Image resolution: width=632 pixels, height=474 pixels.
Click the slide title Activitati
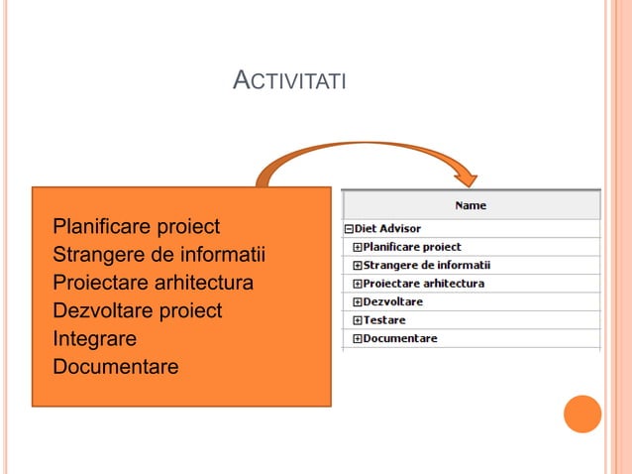pos(288,80)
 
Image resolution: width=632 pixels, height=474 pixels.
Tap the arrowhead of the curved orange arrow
pos(467,176)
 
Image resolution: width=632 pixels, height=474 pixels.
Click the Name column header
pos(471,205)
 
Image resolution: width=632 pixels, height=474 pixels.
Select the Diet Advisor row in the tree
pos(387,229)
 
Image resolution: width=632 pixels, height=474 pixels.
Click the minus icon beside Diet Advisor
pos(349,229)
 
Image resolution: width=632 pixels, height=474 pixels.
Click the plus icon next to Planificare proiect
pos(358,247)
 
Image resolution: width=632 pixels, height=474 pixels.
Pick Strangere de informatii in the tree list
pos(426,265)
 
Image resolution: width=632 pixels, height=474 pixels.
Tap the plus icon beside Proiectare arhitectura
pos(358,284)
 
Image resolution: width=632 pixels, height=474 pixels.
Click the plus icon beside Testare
pos(358,320)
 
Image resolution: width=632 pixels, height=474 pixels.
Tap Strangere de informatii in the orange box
pos(158,254)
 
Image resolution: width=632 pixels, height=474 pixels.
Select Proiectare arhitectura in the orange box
pos(153,283)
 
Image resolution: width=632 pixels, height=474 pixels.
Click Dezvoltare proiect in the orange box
pos(137,310)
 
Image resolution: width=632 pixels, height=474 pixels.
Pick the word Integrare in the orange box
pos(94,339)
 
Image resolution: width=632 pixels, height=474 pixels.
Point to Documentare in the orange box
pos(115,367)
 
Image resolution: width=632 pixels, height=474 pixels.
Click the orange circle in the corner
pos(582,414)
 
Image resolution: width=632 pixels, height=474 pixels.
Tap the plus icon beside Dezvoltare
pos(358,301)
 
